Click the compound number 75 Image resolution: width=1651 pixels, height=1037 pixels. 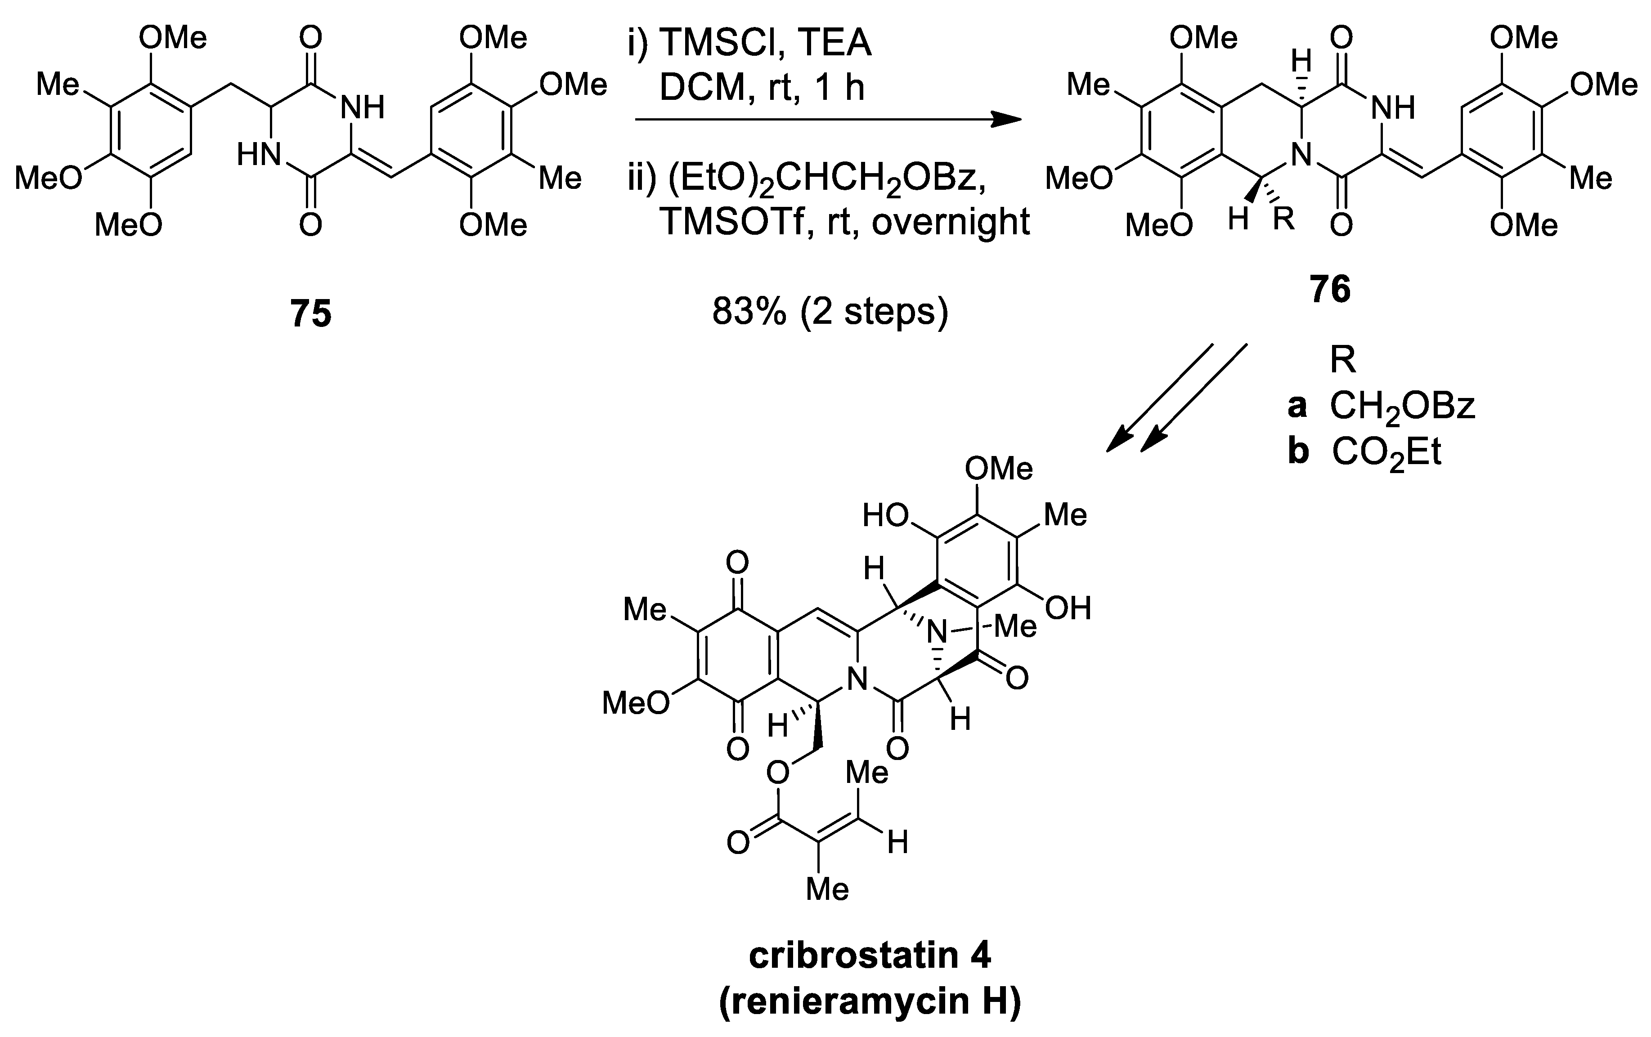click(310, 314)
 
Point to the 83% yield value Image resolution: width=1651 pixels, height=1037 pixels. click(749, 311)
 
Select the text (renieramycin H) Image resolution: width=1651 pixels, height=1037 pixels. click(870, 1002)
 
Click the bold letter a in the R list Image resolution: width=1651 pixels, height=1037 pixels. click(1297, 407)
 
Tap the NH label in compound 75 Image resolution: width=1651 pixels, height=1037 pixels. click(363, 107)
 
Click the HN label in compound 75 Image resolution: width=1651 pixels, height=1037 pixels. click(259, 155)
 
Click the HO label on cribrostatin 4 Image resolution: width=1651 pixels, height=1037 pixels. click(885, 515)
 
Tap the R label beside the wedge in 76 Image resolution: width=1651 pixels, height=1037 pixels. click(1283, 219)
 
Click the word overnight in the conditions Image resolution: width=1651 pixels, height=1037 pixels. click(951, 221)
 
